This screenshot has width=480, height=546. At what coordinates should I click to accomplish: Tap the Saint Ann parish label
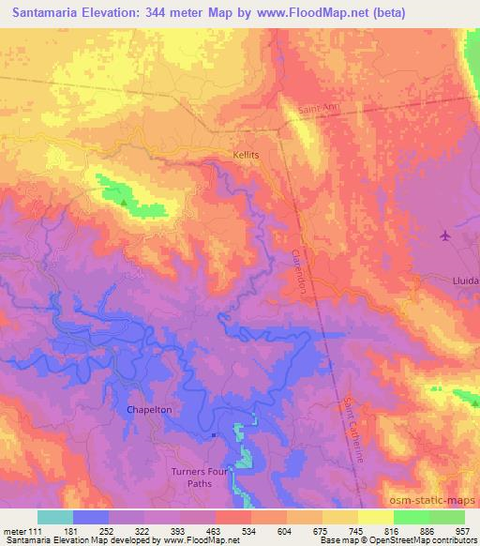[318, 110]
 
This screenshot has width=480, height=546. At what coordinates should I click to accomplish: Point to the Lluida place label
[463, 281]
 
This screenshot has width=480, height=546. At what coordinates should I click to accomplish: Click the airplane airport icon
[444, 235]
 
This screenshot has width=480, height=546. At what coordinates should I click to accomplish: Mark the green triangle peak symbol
[122, 199]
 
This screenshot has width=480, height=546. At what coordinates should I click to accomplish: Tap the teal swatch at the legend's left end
[55, 517]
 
